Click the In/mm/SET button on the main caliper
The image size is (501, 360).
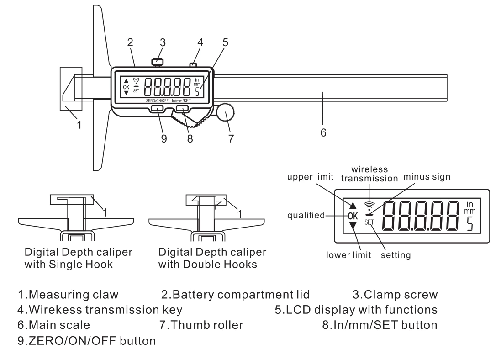point(183,108)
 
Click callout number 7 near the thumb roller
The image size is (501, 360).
point(232,138)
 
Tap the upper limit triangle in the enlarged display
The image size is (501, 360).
point(353,206)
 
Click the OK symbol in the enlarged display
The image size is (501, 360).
point(353,215)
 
